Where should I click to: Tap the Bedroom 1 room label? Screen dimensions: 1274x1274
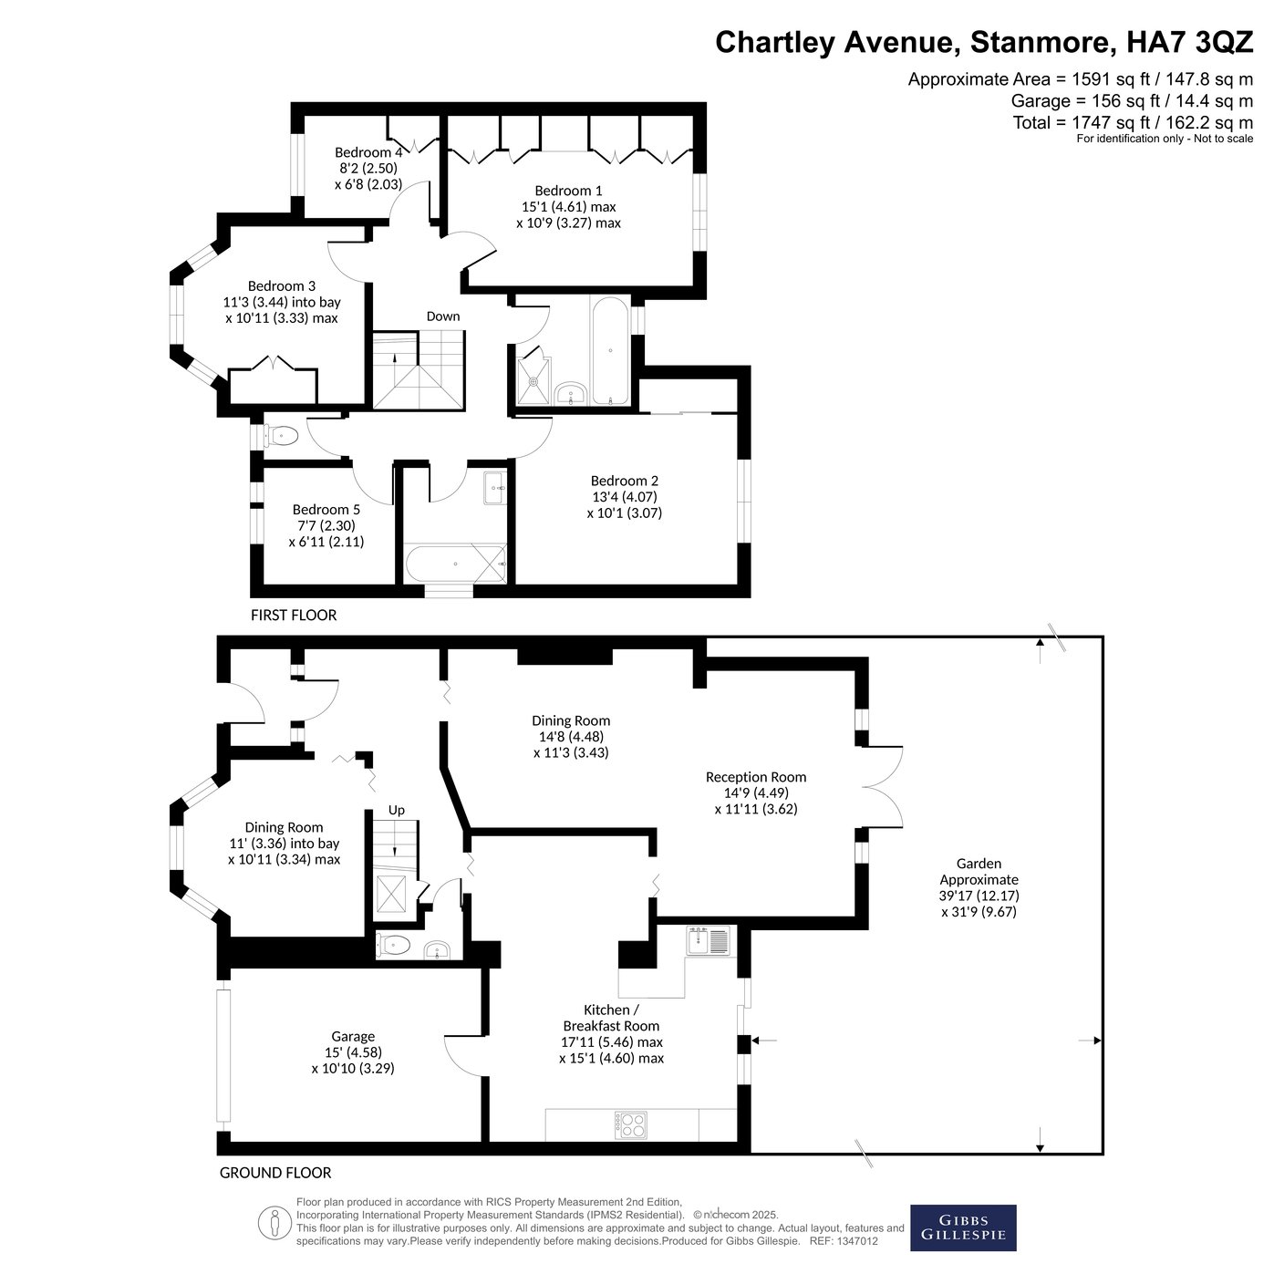pos(568,191)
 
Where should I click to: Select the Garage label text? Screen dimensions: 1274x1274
pos(353,1037)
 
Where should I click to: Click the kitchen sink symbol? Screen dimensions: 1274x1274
pos(708,941)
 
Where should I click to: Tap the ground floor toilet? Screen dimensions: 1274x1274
pos(393,946)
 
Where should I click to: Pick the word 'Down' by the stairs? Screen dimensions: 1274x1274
pos(443,316)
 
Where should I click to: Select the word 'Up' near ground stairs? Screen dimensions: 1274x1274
pos(396,811)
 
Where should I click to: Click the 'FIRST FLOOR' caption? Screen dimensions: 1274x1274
pos(294,615)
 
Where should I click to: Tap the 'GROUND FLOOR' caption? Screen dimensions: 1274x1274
pos(275,1173)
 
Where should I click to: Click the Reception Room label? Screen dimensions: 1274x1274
pos(756,777)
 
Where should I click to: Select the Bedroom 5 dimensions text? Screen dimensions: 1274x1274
pos(326,533)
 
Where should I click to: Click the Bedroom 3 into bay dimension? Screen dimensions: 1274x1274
pos(282,302)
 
